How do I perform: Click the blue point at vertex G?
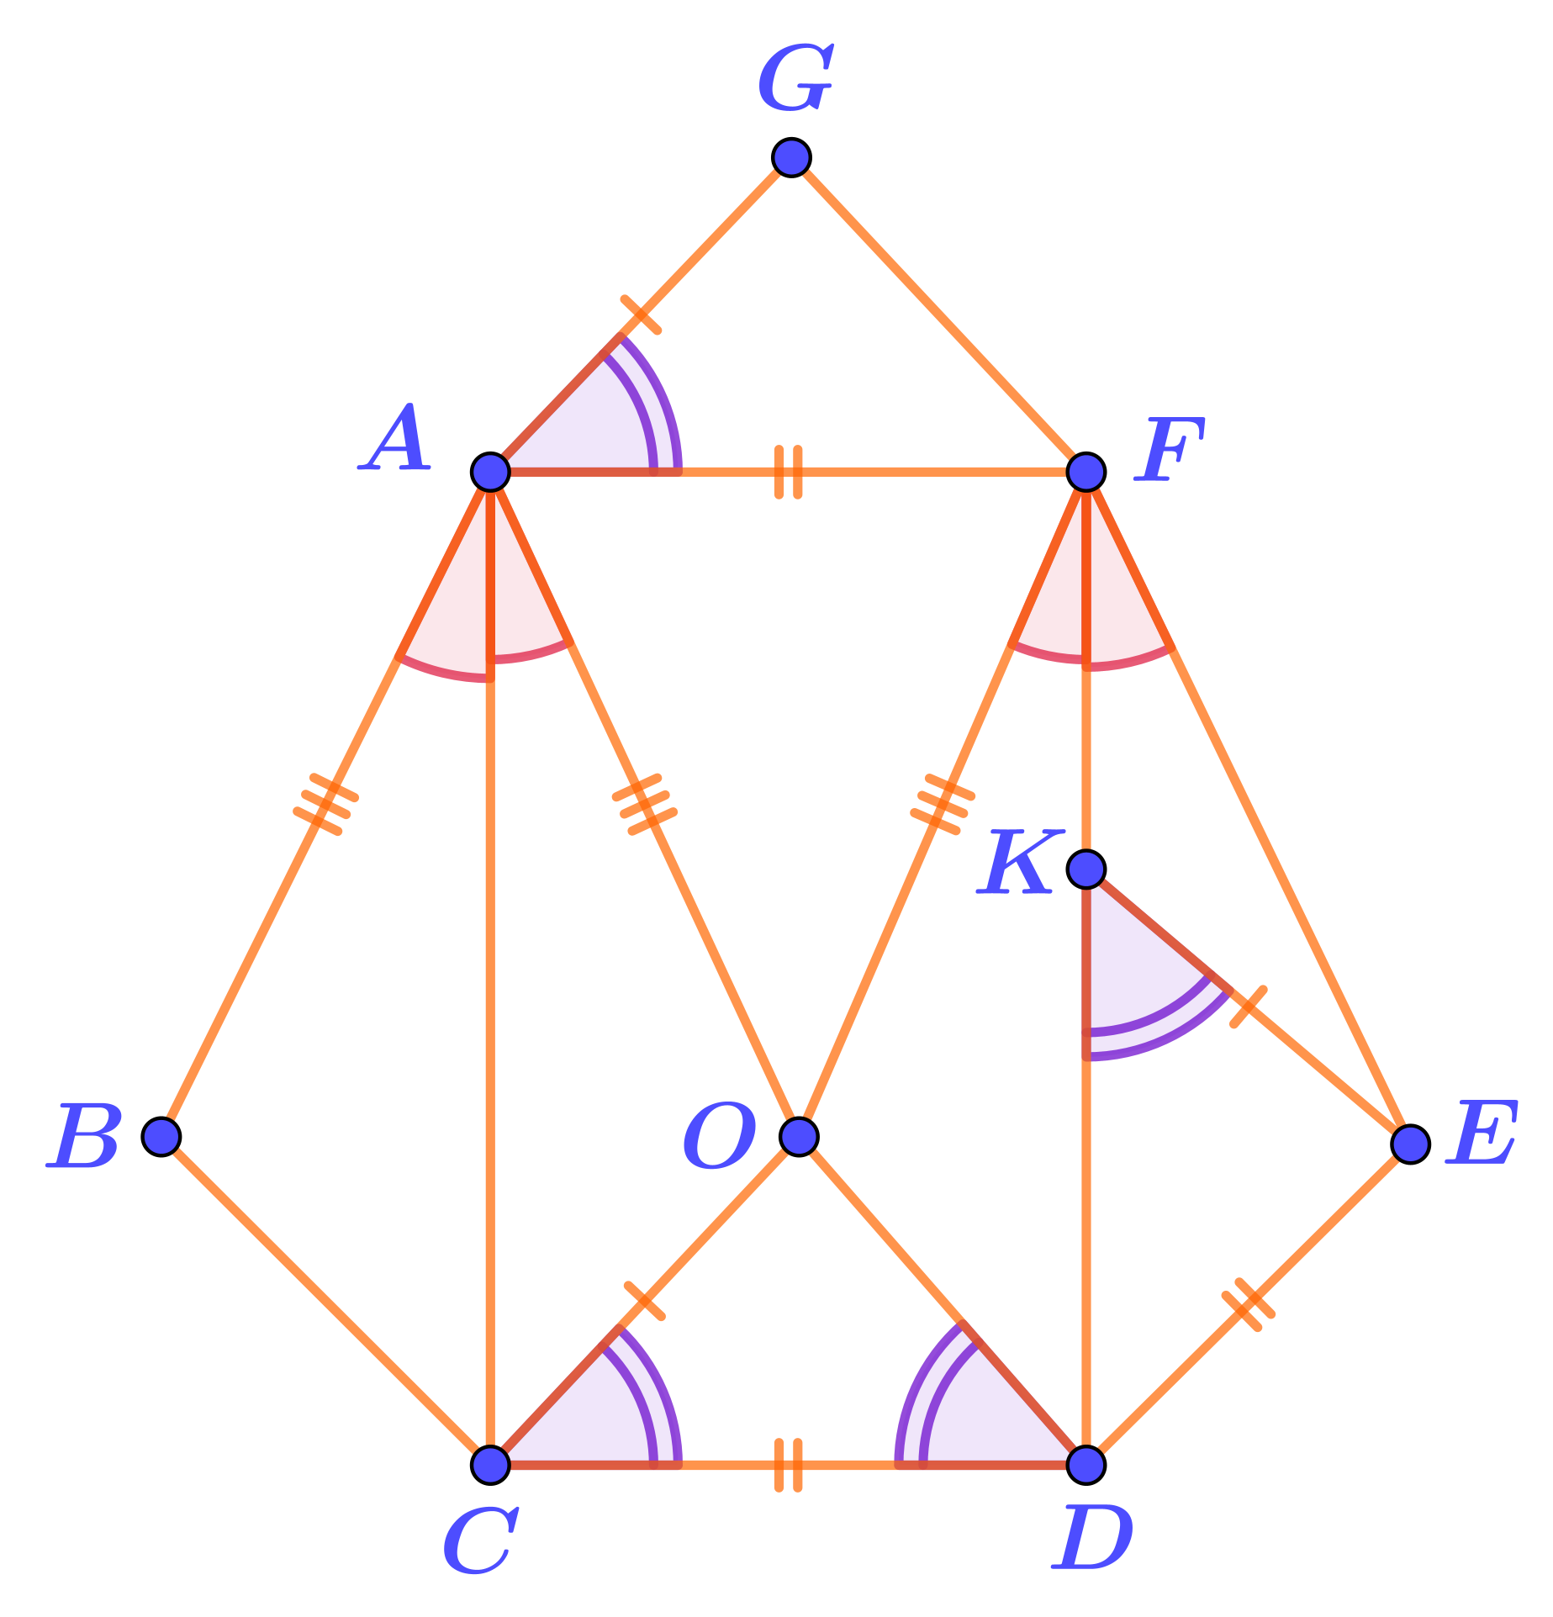coord(791,157)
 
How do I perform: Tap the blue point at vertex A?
coord(491,472)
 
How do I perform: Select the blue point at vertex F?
coord(1086,472)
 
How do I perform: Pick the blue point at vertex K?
coord(1086,869)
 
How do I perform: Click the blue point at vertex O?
coord(799,1136)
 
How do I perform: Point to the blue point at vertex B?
coord(161,1136)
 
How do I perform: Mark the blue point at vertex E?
coord(1410,1144)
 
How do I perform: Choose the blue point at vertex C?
coord(491,1464)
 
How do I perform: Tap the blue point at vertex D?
coord(1086,1464)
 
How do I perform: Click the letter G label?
coord(795,79)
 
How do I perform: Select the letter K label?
coord(1019,862)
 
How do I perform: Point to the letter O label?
coord(719,1136)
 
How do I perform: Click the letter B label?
coord(84,1136)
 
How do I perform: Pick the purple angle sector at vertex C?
coord(605,1413)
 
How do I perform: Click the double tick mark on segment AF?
coord(788,472)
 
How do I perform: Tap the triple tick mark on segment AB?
coord(325,805)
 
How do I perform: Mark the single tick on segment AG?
coord(641,314)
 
